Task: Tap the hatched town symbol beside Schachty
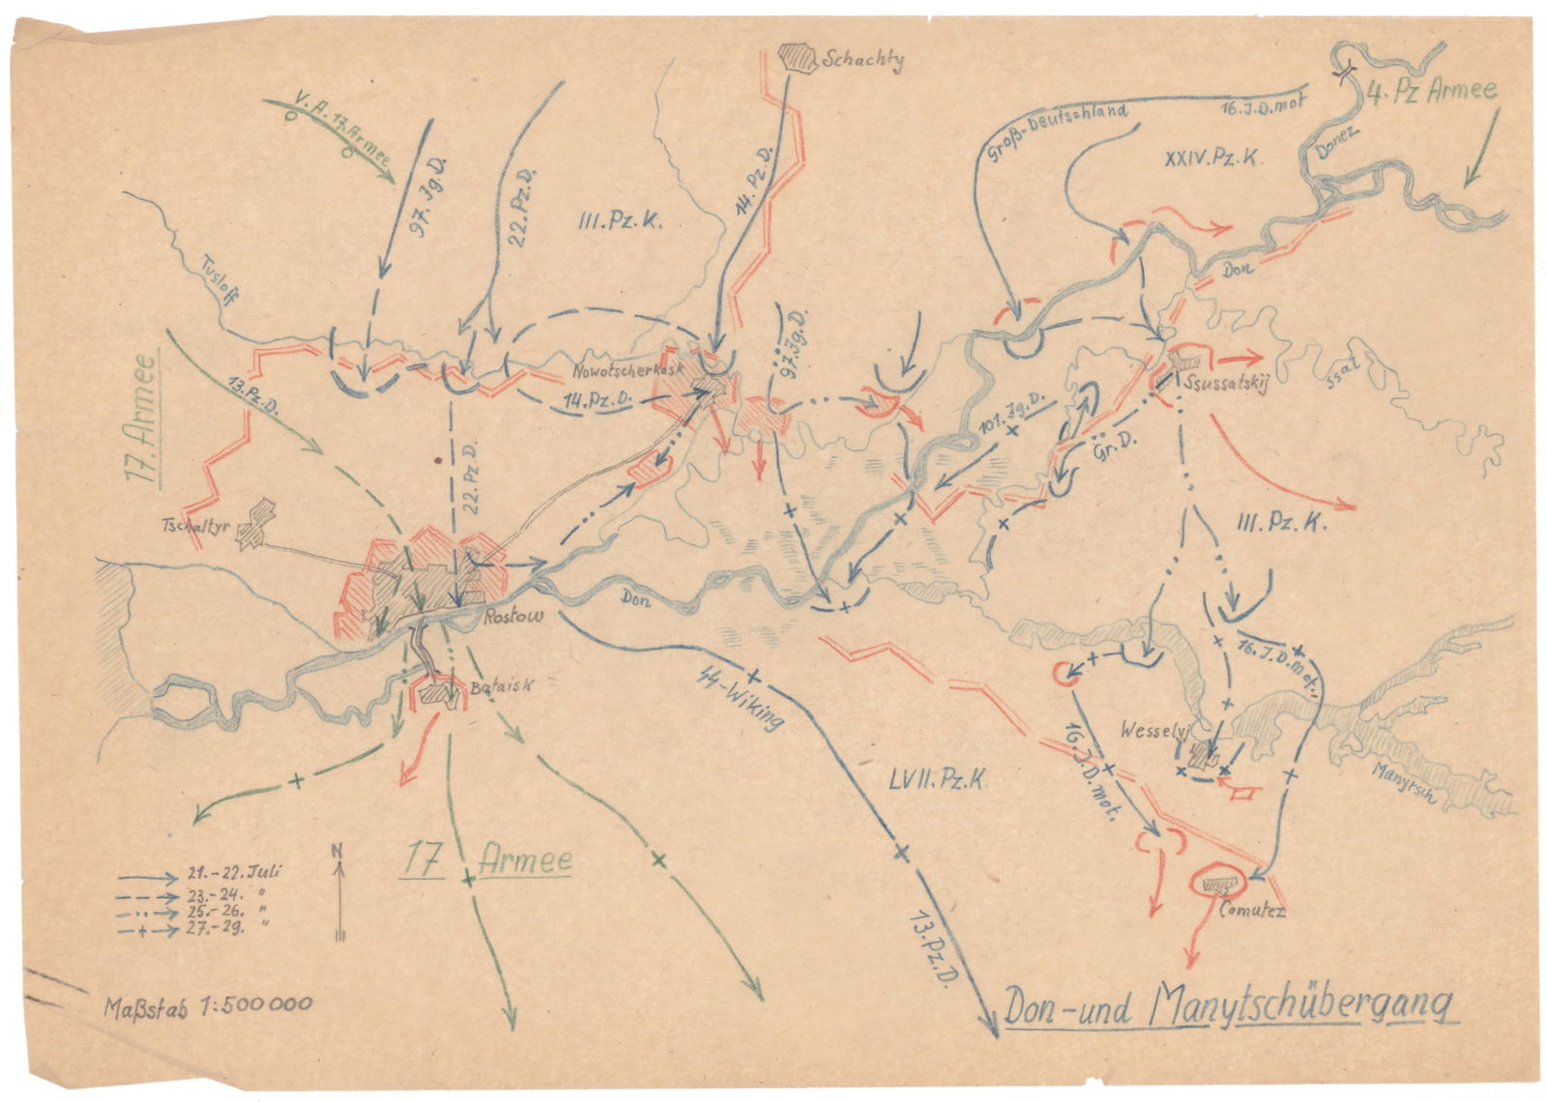(x=798, y=56)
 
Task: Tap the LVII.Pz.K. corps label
(x=936, y=779)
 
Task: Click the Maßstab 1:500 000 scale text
(x=207, y=1003)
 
